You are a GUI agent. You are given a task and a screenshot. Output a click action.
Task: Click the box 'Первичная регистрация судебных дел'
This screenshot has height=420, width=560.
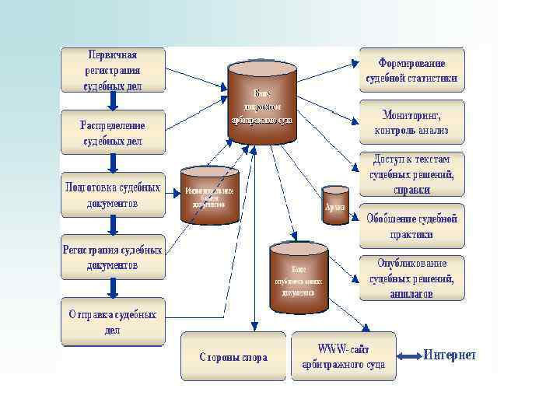113,70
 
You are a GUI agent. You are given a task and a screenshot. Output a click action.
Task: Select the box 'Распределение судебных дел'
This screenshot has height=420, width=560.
113,131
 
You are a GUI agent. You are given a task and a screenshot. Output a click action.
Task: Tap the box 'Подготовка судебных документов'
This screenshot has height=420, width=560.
113,194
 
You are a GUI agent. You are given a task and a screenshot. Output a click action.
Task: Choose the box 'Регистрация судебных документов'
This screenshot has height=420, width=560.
113,257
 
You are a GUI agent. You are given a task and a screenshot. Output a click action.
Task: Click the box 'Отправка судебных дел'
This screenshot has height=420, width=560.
113,321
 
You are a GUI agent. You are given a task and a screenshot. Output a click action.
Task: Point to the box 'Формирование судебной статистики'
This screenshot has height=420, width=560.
411,69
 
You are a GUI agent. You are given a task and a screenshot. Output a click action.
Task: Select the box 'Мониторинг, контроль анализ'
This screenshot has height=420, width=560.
411,121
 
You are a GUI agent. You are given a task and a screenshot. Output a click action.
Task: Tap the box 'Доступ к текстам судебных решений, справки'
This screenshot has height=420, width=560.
411,173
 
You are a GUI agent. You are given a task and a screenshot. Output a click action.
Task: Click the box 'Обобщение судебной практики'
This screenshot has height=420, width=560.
411,226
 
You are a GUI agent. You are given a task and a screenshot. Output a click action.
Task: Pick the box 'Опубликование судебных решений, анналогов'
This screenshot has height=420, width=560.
411,278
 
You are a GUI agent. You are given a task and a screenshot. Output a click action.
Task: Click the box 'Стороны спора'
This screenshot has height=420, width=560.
233,357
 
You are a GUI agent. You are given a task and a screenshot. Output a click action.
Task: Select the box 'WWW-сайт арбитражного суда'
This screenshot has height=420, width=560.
343,356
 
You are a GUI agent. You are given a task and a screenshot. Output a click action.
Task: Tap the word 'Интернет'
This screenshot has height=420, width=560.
450,355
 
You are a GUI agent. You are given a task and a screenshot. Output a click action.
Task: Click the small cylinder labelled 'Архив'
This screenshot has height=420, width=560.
336,205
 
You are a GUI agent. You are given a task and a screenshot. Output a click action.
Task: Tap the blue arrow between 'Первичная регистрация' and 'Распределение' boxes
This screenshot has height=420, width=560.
113,101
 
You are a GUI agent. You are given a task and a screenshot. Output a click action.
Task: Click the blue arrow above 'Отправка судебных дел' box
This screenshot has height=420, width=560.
113,289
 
